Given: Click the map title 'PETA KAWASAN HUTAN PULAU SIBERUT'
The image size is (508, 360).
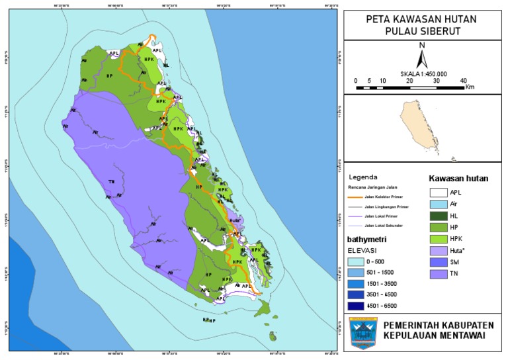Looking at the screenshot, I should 421,25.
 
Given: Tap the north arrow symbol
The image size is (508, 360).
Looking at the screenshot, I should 421,58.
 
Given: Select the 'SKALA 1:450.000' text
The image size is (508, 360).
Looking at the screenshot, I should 423,74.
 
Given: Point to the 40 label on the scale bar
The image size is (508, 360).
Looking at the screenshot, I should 463,81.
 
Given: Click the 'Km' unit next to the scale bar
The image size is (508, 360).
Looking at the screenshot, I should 470,87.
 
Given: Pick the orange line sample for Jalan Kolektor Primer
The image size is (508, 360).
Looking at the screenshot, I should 357,197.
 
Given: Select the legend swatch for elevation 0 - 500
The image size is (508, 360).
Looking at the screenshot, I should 357,263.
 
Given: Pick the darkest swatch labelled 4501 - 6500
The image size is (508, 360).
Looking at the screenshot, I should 357,306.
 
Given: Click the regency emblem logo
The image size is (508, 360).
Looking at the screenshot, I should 362,334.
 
